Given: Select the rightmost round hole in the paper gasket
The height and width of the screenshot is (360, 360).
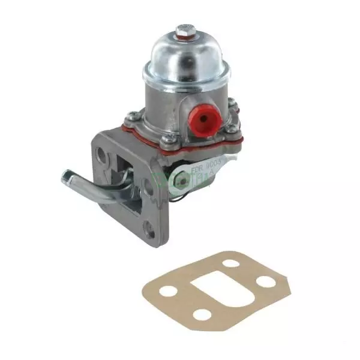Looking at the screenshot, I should pyautogui.click(x=262, y=281).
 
